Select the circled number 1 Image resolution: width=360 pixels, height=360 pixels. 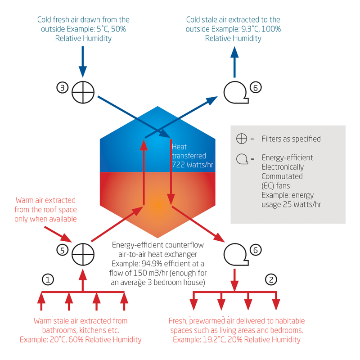(x=48, y=279)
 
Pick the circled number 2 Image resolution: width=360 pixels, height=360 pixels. (x=270, y=279)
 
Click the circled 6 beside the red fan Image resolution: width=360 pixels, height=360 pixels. (x=255, y=248)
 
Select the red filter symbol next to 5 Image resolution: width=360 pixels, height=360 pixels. (x=83, y=254)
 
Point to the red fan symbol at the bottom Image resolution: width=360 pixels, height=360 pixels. (x=235, y=254)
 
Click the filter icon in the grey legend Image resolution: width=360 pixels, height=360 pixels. (x=242, y=139)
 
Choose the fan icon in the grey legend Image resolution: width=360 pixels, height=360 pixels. (x=242, y=158)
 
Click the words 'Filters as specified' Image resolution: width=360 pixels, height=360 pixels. (x=291, y=139)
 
